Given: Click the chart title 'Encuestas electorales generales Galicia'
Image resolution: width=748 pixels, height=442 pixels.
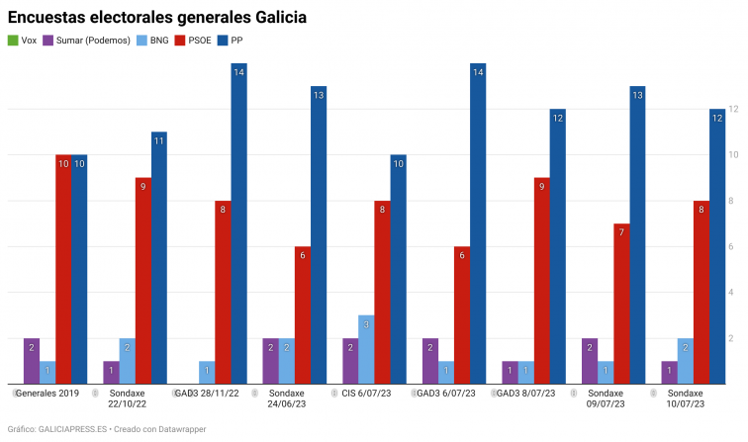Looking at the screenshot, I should (156, 18).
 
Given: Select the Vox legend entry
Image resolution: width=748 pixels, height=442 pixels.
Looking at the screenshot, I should (23, 41).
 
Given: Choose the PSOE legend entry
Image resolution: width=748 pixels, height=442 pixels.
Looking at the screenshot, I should (194, 41).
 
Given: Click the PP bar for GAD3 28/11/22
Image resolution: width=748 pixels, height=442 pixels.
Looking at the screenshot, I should (238, 223).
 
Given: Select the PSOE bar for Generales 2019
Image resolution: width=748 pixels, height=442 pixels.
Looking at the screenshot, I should (63, 269).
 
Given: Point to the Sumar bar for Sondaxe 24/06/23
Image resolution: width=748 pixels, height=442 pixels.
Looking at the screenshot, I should (270, 361).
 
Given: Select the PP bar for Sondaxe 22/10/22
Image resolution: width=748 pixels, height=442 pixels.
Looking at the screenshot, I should (159, 257).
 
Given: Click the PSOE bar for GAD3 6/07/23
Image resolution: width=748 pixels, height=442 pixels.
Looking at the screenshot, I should (462, 314).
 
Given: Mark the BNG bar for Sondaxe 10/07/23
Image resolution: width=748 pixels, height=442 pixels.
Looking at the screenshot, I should (685, 361).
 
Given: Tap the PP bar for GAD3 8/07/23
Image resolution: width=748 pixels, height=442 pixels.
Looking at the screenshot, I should (558, 246).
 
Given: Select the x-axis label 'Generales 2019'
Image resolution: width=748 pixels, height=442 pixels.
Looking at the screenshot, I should (47, 394).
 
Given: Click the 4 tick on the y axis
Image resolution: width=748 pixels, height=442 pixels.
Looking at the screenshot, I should (731, 293).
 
